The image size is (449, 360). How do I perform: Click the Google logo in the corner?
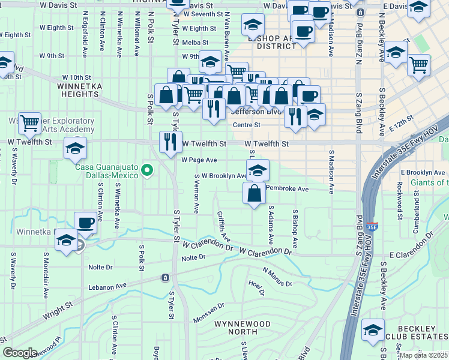(x=20, y=353)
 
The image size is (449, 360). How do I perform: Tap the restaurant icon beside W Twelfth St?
(x=170, y=142)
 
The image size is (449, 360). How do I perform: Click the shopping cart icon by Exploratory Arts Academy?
(x=29, y=123)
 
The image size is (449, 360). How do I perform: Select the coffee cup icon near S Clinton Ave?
(x=86, y=223)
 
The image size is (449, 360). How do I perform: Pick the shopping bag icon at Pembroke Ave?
(x=254, y=193)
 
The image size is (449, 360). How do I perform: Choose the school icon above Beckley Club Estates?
(x=373, y=330)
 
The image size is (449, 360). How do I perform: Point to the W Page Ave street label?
(x=199, y=160)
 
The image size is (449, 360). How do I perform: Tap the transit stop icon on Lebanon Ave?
(x=165, y=277)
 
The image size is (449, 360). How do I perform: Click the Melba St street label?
(x=196, y=43)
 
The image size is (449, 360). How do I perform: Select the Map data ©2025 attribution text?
(x=424, y=355)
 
